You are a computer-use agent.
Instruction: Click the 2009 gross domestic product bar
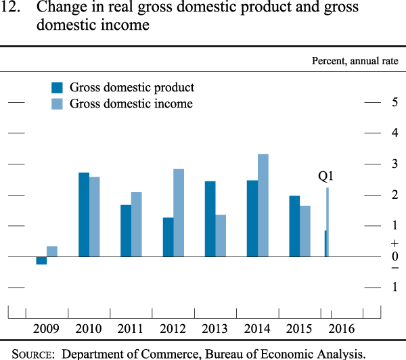coord(41,261)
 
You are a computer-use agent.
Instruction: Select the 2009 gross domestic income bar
coord(52,251)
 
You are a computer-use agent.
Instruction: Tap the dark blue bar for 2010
coord(84,215)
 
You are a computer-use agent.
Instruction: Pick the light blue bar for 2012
coord(179,212)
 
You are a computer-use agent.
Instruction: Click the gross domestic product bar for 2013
coord(210,219)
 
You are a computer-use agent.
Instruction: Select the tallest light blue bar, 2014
coord(263,205)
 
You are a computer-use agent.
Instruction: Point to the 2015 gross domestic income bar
coord(305,231)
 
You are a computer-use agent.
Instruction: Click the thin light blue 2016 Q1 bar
coord(328,222)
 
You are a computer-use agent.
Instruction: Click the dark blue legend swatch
coord(58,87)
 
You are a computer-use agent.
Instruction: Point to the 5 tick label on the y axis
coord(394,102)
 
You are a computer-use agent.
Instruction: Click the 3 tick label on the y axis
coord(394,164)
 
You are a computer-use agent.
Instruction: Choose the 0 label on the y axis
coord(394,256)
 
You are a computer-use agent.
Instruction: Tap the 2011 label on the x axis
coord(131,329)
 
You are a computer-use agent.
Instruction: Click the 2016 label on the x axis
coord(342,329)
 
